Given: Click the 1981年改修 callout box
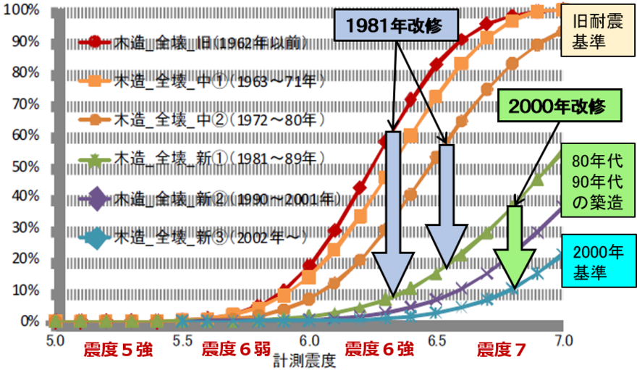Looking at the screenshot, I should [x=397, y=26].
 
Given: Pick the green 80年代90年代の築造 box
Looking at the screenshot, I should [x=597, y=181].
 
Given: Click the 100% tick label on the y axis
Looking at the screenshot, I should [x=23, y=9].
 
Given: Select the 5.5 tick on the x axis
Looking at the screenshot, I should [x=182, y=339].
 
